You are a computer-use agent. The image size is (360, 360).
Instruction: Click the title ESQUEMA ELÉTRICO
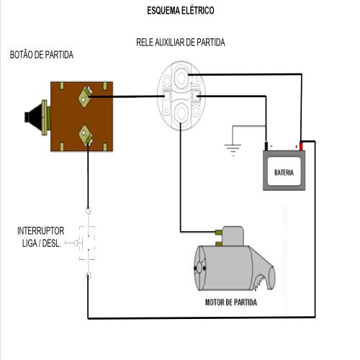180,12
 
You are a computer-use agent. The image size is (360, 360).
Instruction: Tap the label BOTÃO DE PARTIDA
42,55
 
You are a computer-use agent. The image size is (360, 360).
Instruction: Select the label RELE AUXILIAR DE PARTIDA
180,42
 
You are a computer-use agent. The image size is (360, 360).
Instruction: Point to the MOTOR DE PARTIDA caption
231,303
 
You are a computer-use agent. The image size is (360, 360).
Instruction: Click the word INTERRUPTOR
41,231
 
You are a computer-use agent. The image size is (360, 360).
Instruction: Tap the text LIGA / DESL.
41,243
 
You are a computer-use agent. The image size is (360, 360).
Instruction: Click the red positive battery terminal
302,145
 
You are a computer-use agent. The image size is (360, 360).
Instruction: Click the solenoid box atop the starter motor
235,235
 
